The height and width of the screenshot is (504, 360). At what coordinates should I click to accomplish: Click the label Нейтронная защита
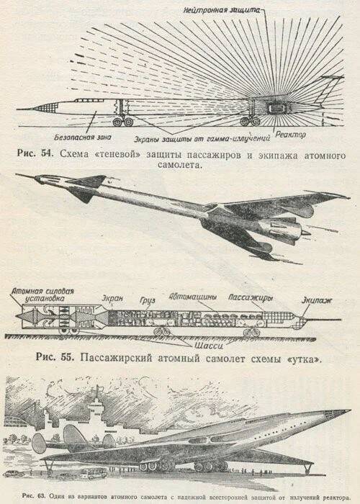(x=222, y=10)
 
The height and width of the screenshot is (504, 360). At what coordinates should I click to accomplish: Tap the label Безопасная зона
(x=83, y=138)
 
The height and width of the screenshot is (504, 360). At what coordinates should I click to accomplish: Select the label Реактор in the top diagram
(x=290, y=135)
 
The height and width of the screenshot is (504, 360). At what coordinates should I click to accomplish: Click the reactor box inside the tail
(x=275, y=109)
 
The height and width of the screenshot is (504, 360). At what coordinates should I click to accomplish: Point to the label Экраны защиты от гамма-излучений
(x=202, y=139)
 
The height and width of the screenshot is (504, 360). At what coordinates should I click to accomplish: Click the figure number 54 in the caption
(x=47, y=153)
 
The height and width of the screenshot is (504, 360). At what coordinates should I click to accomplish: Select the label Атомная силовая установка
(x=42, y=294)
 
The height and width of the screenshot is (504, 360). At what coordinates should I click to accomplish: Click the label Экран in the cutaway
(x=112, y=298)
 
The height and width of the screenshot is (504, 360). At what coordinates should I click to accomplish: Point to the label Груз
(x=147, y=301)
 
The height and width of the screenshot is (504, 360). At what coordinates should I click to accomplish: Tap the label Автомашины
(x=193, y=297)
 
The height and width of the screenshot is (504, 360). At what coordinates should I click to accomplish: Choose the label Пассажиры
(x=251, y=297)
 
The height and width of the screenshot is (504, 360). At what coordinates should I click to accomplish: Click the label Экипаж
(x=316, y=300)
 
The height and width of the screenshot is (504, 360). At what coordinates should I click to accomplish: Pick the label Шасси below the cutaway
(x=209, y=346)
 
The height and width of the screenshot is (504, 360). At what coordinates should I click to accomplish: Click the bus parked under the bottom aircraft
(x=94, y=472)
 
